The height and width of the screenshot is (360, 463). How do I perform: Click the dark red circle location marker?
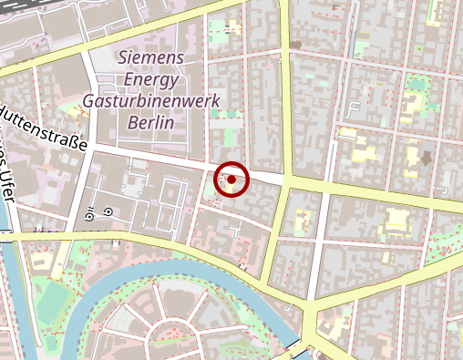231,180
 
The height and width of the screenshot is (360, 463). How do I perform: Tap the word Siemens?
151,57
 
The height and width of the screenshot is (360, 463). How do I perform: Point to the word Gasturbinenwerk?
151,100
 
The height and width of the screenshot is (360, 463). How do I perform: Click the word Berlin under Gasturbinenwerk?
151,121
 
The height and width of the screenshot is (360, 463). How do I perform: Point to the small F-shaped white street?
353,113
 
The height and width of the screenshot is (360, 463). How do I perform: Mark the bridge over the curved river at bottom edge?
296,348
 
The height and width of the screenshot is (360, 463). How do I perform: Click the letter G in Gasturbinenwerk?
89,100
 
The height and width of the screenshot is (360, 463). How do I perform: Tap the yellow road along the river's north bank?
182,252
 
